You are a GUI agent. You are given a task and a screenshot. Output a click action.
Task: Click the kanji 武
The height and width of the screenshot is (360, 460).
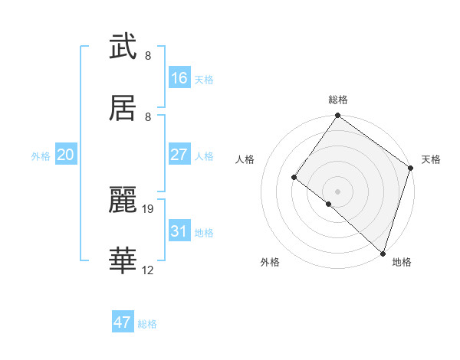123,47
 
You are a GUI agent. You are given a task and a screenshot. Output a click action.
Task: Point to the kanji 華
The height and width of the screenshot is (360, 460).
123,261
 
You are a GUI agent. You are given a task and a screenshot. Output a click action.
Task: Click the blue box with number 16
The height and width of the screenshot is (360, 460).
179,78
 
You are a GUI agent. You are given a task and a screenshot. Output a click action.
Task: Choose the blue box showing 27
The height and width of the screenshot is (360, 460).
179,155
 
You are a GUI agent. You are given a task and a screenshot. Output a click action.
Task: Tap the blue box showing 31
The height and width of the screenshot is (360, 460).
179,231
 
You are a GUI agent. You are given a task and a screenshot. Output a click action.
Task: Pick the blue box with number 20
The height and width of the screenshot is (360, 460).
66,155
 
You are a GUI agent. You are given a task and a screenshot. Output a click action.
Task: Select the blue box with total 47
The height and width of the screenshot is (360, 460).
123,322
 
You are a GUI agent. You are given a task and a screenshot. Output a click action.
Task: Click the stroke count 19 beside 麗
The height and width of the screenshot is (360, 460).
149,208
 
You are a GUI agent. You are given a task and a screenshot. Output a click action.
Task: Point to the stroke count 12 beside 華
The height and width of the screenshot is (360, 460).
148,270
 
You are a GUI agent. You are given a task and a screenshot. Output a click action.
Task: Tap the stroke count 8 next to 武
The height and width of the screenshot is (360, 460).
148,55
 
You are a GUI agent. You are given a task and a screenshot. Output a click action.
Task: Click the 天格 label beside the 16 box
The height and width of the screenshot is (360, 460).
204,80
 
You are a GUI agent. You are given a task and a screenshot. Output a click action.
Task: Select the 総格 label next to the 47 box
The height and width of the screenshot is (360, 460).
147,324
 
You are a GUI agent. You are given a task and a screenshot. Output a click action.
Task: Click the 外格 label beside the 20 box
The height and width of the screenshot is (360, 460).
41,156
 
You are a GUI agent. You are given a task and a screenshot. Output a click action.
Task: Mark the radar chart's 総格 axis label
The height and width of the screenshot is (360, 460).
338,100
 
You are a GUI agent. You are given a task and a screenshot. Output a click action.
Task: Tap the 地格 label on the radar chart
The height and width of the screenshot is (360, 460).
402,262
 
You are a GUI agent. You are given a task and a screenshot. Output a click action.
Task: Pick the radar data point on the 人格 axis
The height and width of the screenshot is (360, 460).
294,178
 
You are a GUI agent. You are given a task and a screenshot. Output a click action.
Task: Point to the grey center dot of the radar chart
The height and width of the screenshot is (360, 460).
337,191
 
